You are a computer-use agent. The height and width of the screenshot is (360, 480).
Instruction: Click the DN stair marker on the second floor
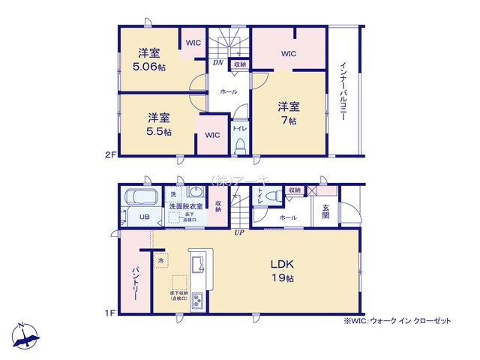[217, 63]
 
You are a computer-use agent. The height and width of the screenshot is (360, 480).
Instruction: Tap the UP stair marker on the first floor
[238, 233]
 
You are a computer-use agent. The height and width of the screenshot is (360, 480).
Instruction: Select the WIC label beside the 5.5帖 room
[212, 136]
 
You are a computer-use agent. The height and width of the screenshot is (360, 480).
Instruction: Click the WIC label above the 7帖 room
[289, 54]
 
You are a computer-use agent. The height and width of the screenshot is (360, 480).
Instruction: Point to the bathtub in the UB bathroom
[139, 199]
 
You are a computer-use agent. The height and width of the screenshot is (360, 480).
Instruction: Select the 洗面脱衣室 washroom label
[185, 206]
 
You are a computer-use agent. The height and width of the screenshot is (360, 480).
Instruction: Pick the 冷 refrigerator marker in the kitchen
[160, 260]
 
